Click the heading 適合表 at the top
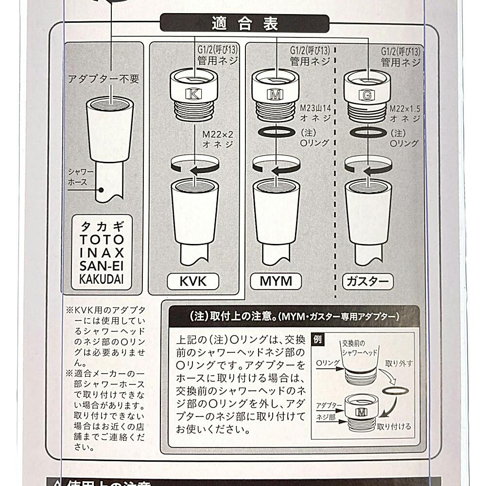pos(244,23)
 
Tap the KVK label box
pos(193,281)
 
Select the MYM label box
pos(276,281)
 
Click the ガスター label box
pos(366,281)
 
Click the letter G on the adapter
pos(366,96)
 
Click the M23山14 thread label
pos(314,113)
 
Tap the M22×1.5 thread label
pos(405,113)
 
